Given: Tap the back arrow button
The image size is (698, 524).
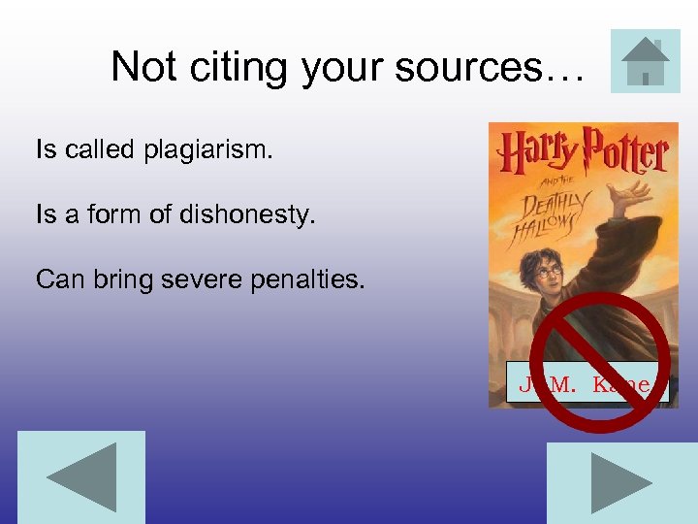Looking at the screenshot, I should [x=81, y=477].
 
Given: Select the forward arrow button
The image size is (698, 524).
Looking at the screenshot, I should [x=621, y=483].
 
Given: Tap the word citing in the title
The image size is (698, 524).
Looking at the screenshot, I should [x=234, y=67].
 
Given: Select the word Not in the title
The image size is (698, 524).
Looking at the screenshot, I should [x=143, y=67].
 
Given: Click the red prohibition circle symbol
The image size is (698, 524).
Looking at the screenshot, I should [x=601, y=361].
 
